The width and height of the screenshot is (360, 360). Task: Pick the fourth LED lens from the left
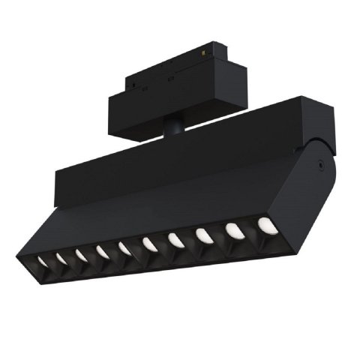[100, 250]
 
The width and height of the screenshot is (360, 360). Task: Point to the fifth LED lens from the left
[123, 247]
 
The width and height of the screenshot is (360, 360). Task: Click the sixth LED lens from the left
[148, 242]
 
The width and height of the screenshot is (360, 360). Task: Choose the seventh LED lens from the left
[175, 238]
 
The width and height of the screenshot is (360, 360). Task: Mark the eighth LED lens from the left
[202, 234]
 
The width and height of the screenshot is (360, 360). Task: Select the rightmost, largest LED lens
[264, 223]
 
